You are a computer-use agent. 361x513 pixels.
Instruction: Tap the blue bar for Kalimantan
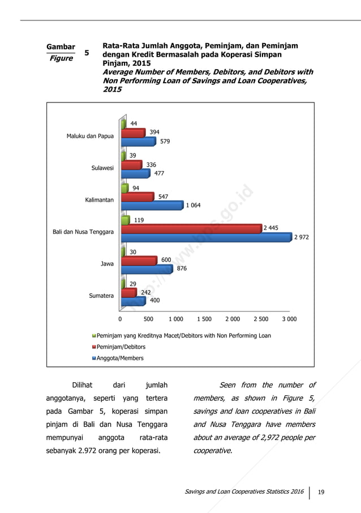point(153,206)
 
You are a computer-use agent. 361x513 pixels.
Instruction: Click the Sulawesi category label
point(103,168)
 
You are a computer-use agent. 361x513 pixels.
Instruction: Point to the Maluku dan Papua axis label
point(90,136)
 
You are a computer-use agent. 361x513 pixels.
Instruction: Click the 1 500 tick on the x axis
point(204,319)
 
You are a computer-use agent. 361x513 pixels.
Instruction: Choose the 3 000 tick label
point(289,319)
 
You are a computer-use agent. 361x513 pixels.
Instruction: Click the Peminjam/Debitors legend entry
point(121,347)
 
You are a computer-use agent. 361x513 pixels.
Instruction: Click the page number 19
point(321,491)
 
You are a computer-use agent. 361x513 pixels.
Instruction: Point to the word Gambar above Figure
point(61,46)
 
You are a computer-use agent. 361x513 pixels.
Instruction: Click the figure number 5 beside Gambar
point(87,53)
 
